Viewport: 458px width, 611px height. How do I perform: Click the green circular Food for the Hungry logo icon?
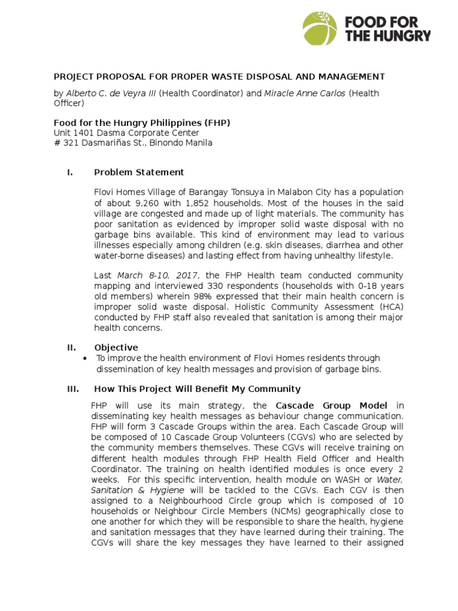(x=320, y=28)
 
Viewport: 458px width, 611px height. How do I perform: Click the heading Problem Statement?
(x=139, y=172)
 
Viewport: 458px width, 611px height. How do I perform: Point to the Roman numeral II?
(x=69, y=347)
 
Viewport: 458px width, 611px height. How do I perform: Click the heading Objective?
(x=116, y=347)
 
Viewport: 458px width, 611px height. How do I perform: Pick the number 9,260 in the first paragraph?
(x=135, y=203)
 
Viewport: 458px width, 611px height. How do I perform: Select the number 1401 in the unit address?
(x=83, y=133)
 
